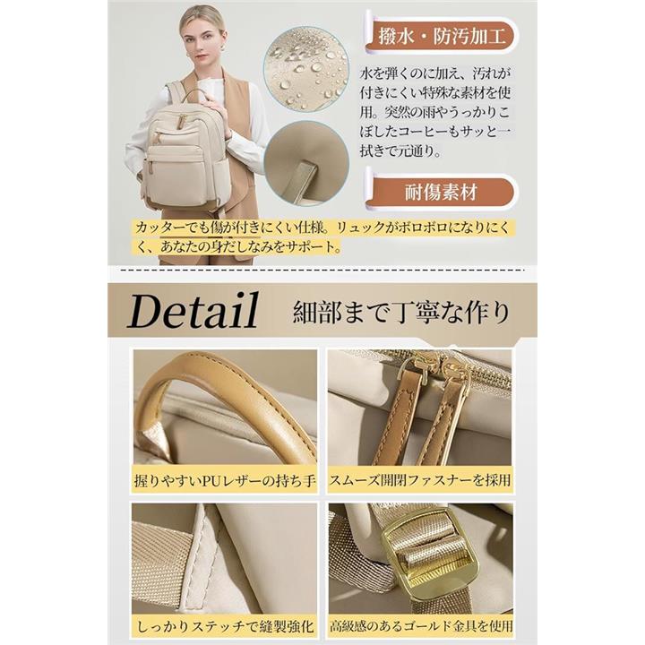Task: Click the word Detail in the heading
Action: click(x=193, y=311)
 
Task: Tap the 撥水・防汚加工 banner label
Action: click(x=442, y=37)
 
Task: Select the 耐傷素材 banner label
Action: click(x=441, y=192)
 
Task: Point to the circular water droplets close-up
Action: click(x=306, y=69)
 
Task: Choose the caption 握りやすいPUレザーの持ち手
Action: click(x=225, y=480)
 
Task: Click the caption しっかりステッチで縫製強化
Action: click(x=225, y=626)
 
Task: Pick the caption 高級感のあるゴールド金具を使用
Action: click(x=421, y=626)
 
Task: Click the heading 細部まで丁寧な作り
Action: click(x=400, y=312)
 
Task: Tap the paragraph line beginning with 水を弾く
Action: click(x=434, y=73)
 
